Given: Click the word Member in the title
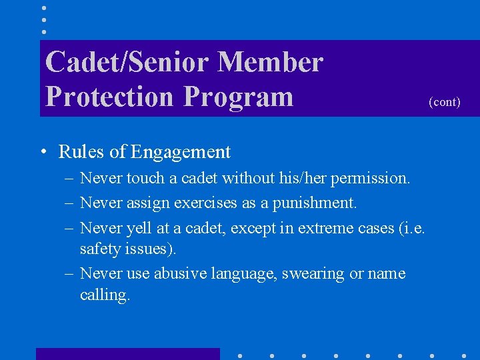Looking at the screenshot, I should (270, 62).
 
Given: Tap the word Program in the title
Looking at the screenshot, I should (239, 96).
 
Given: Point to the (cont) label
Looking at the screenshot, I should (444, 102).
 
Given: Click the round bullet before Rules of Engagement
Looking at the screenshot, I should (42, 152).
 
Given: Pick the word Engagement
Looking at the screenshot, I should (181, 153).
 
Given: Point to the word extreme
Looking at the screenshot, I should (325, 228).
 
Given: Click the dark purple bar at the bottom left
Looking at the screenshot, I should (127, 354).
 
